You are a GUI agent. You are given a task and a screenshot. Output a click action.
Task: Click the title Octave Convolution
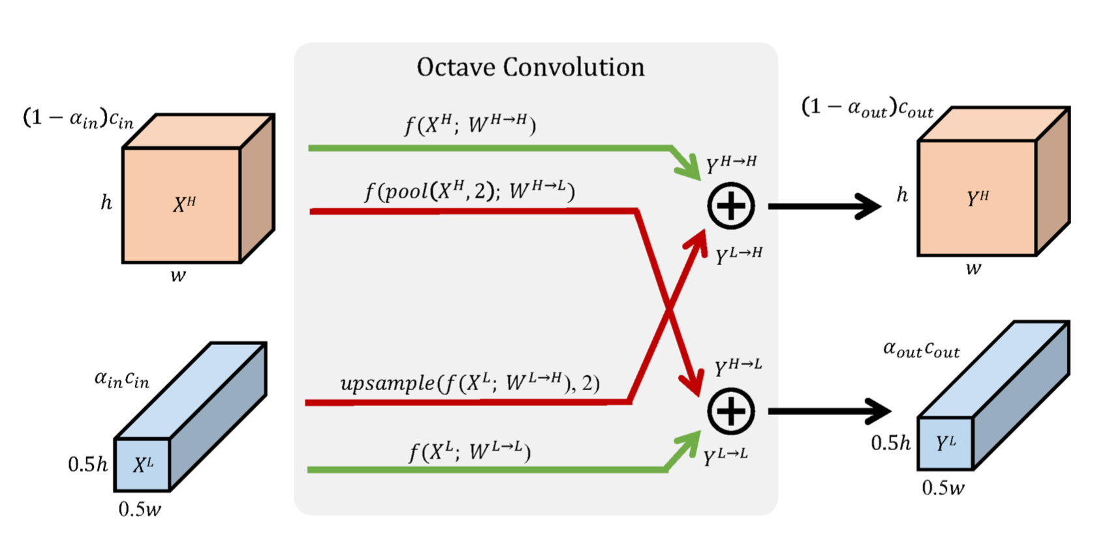530,67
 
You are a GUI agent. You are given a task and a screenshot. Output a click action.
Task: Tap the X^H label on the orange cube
185,204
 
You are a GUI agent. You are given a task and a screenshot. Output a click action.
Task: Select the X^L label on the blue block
143,465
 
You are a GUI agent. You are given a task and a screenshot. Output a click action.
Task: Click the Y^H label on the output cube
978,198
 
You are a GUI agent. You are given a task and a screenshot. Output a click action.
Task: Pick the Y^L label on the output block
946,443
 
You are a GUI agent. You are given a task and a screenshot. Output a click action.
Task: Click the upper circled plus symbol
730,206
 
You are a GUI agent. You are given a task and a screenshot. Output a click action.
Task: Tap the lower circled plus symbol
730,411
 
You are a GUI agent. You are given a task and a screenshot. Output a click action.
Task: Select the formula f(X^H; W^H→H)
470,124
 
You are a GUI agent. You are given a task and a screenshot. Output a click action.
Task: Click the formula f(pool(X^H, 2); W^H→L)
470,191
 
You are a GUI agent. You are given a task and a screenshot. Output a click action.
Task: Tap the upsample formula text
470,383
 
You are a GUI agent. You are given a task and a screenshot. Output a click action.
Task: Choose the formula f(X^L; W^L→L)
470,452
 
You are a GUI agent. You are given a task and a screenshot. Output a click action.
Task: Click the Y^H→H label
731,164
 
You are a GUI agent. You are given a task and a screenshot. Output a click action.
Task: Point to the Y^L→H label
739,256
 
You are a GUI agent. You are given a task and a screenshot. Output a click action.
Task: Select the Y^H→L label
738,367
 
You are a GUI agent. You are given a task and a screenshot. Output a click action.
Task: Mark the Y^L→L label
725,457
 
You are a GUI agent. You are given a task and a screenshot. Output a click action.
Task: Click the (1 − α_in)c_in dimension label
78,119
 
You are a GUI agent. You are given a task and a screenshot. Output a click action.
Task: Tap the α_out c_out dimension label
922,349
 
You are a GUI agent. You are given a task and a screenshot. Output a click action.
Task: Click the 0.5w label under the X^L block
140,509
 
